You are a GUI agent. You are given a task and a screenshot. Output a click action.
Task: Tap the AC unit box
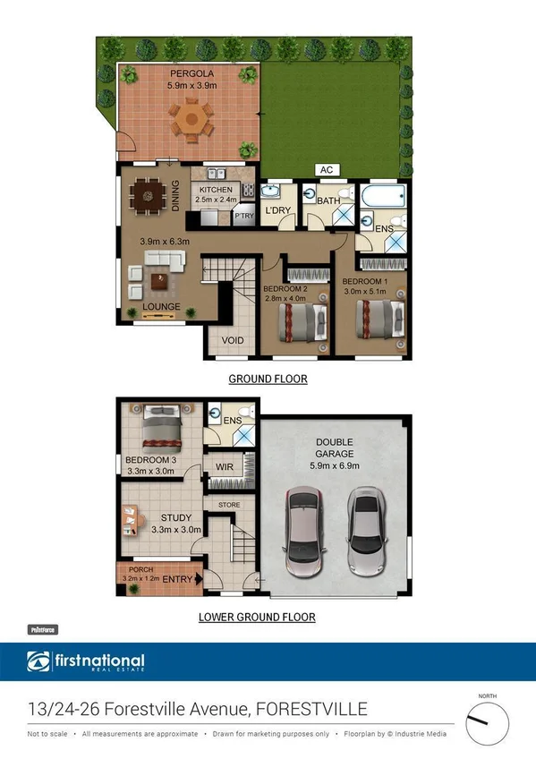[x=327, y=169]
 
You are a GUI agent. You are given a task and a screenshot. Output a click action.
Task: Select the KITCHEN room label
[x=216, y=190]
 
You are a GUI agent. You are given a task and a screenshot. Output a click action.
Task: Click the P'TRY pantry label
[x=243, y=216]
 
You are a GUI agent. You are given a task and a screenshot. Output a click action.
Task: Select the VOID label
[x=233, y=340]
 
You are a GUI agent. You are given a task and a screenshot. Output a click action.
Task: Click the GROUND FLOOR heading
[x=268, y=379]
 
